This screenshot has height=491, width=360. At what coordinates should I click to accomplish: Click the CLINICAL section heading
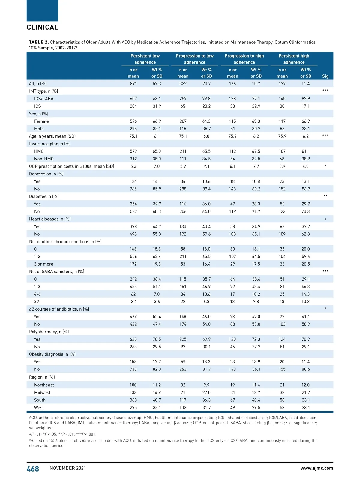[x=43, y=27]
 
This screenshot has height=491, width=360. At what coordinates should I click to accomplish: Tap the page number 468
[x=33, y=469]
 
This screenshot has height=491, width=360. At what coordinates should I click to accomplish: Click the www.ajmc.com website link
[x=316, y=468]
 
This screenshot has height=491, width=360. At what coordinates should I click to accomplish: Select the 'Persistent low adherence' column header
[x=145, y=59]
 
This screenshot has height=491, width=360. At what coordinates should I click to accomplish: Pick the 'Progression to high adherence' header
[x=244, y=59]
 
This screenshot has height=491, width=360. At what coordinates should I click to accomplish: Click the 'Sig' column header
[x=325, y=76]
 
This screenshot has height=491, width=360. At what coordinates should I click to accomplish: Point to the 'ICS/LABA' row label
[x=44, y=99]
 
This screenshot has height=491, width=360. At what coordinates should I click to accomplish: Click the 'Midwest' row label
[x=42, y=392]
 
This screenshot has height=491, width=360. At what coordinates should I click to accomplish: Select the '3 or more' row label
[x=43, y=264]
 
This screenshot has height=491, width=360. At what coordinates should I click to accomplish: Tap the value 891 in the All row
[x=133, y=84]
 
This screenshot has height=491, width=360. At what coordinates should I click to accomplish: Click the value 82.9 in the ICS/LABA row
[x=306, y=99]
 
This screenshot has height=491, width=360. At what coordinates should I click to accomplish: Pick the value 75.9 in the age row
[x=282, y=136]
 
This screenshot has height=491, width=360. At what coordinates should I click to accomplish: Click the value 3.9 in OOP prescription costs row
[x=282, y=166]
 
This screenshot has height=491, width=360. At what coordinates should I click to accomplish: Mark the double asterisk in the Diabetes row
[x=325, y=196]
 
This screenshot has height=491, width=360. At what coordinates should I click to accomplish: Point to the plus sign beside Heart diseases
[x=325, y=219]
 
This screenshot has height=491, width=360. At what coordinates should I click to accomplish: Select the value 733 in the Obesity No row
[x=133, y=369]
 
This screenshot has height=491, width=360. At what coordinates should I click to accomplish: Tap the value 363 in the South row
[x=133, y=400]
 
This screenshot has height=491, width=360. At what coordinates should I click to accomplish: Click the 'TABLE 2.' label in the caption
[x=39, y=42]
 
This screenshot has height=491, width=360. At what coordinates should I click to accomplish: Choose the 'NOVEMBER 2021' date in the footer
[x=68, y=468]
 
